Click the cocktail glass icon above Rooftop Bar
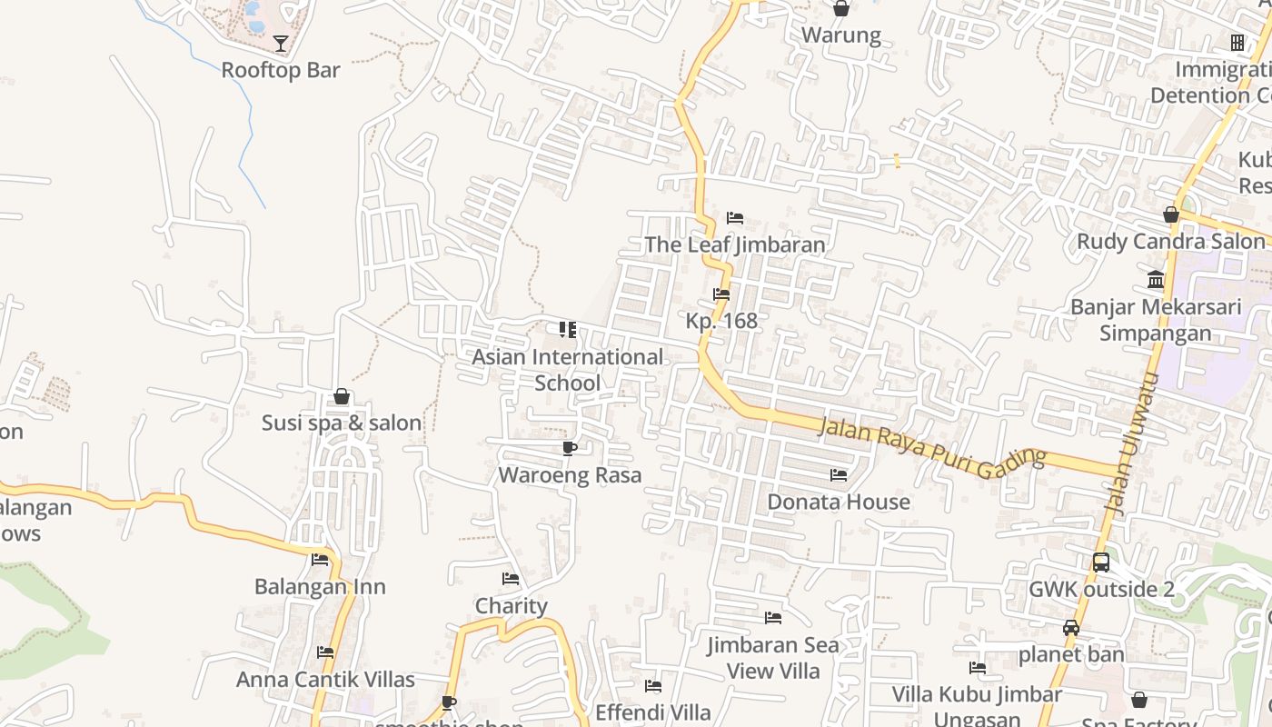(x=281, y=43)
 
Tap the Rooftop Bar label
(x=281, y=70)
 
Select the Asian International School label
(x=567, y=370)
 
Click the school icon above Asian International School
(x=568, y=329)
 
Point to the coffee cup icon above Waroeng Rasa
(x=570, y=448)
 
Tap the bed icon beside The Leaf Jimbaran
(x=735, y=218)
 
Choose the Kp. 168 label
(x=721, y=321)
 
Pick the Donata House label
(x=839, y=502)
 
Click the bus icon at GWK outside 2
(x=1101, y=563)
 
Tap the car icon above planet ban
(x=1071, y=628)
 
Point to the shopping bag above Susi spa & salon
(x=342, y=396)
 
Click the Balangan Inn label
(x=320, y=586)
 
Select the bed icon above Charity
(x=511, y=579)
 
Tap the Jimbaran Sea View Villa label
(x=773, y=658)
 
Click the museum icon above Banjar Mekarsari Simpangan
(x=1156, y=279)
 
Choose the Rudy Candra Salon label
(x=1171, y=241)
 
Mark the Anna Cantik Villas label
(x=325, y=679)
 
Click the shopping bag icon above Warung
(x=841, y=9)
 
